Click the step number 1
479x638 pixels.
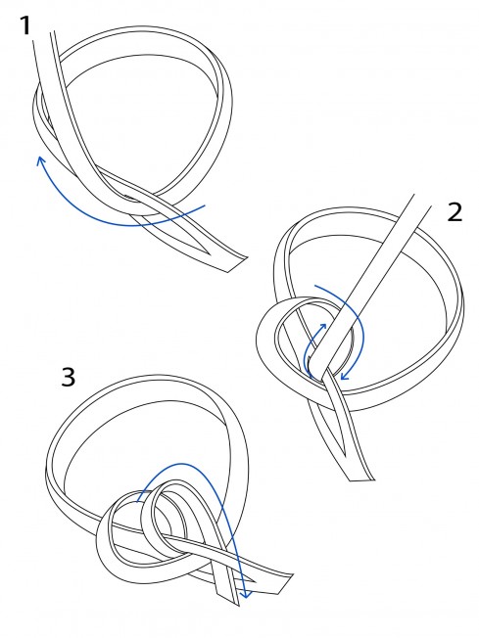25,26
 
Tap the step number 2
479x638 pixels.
455,212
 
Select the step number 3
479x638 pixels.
69,377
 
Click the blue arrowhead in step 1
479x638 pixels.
40,161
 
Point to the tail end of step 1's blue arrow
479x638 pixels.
204,206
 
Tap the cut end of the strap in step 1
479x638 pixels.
237,264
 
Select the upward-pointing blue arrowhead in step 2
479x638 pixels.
323,327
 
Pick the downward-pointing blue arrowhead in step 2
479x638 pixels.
345,375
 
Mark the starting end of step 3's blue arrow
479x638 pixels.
138,501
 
